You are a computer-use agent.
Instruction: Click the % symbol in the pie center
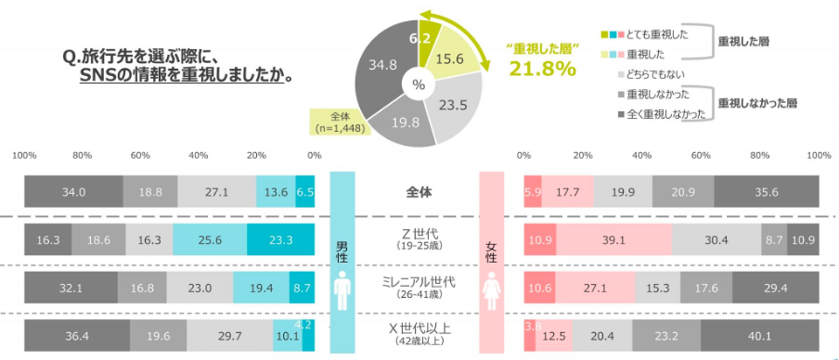[419, 84]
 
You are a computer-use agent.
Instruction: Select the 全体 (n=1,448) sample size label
[340, 122]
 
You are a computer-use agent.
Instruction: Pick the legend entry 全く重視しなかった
[665, 113]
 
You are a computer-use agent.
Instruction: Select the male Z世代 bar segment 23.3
[281, 239]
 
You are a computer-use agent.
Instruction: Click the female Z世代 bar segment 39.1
[613, 239]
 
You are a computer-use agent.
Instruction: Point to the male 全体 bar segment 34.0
[73, 192]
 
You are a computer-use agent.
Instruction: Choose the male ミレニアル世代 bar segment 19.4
[261, 289]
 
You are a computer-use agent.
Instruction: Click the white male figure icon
[341, 289]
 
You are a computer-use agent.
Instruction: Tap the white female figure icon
[492, 289]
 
